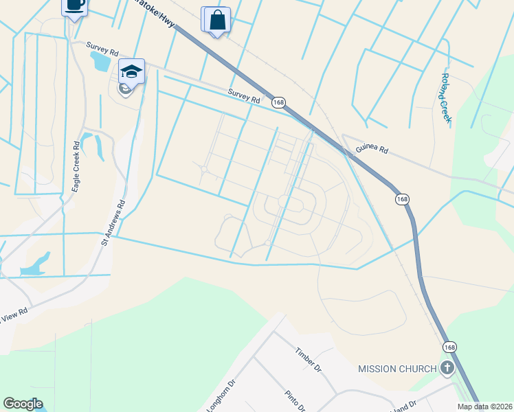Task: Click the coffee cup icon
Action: [76, 5]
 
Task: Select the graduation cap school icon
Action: [132, 71]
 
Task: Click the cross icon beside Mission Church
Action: [447, 369]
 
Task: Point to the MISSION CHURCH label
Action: [397, 369]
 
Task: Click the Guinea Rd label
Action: [372, 150]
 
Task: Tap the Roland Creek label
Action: [446, 98]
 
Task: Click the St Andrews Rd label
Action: [114, 222]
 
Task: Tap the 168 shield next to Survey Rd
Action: [278, 102]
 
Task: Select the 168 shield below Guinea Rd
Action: [403, 199]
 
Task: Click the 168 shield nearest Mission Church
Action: [449, 347]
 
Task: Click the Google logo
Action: [23, 404]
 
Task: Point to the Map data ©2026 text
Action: [484, 407]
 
